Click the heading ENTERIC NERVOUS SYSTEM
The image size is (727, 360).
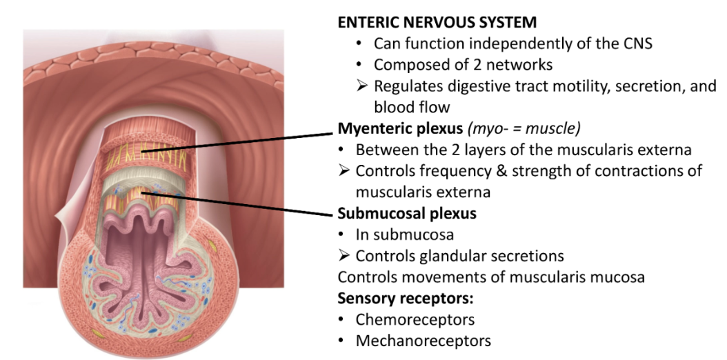(437, 22)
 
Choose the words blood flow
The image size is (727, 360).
(412, 108)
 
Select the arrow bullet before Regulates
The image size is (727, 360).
(361, 86)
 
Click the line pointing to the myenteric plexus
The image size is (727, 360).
(241, 139)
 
